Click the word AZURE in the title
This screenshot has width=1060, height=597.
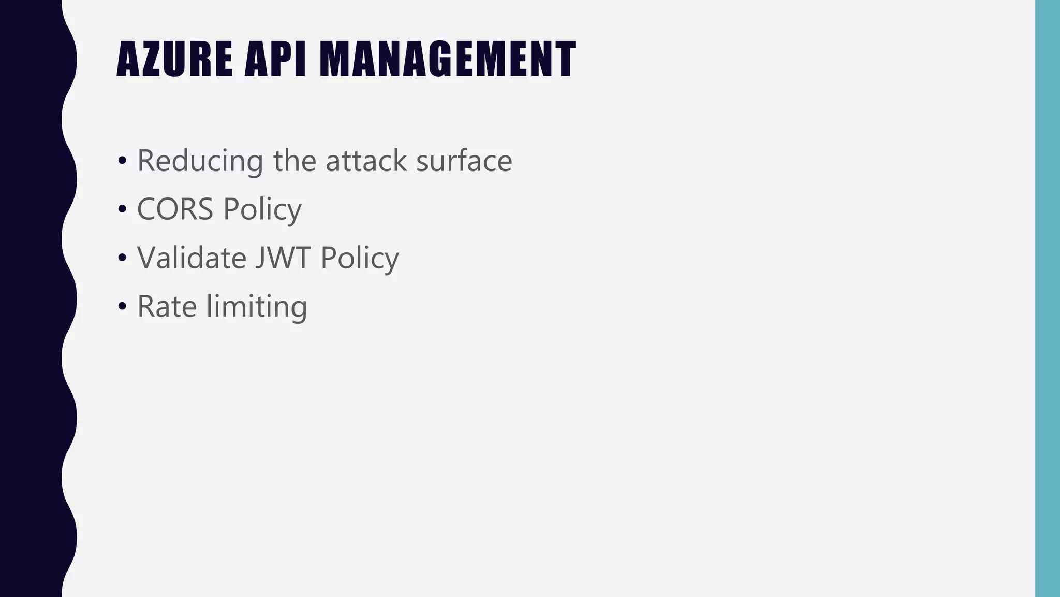(174, 59)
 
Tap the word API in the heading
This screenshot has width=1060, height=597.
(275, 59)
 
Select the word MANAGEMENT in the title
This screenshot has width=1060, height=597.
(447, 59)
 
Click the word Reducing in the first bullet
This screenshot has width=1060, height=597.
(200, 161)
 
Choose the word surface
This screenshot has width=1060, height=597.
(464, 161)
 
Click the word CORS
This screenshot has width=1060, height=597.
(175, 209)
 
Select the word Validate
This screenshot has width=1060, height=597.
(192, 258)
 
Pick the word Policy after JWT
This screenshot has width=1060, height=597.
(360, 258)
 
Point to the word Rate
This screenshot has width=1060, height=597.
(167, 306)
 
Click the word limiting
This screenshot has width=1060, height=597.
(257, 307)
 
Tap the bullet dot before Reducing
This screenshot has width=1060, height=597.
(122, 161)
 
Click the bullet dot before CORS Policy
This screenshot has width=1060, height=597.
(122, 209)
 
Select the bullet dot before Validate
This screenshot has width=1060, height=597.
(122, 258)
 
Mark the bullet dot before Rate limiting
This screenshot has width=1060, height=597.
(122, 306)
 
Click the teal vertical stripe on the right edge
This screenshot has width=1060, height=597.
(1048, 298)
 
